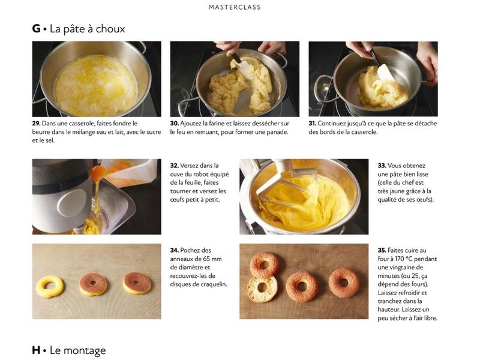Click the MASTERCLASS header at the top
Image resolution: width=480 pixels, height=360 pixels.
(235, 7)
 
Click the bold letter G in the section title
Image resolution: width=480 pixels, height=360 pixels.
(36, 28)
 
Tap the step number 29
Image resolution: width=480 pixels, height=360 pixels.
(36, 124)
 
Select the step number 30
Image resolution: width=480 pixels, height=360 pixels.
(175, 124)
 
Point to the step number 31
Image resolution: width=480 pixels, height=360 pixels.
(312, 124)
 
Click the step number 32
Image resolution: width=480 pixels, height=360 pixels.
(175, 166)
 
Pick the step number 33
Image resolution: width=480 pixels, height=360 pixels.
(382, 166)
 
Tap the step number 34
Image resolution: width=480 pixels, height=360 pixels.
(175, 250)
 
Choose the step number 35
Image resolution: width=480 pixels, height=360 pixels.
(382, 250)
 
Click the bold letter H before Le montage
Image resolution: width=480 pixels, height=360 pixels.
(36, 350)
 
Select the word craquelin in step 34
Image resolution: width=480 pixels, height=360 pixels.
(214, 284)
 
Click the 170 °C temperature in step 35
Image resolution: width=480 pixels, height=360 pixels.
(404, 259)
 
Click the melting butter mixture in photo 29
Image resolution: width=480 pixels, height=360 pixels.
(95, 86)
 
